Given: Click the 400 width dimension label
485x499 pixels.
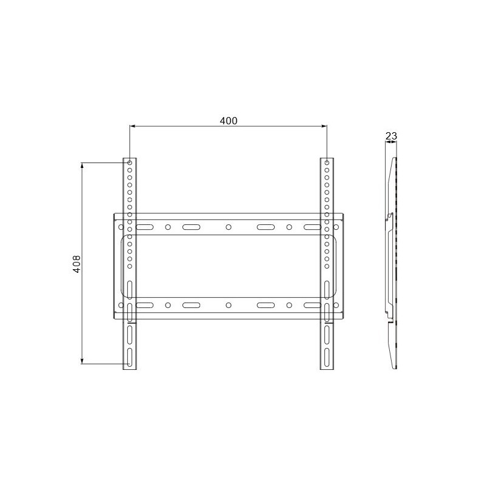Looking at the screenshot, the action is coord(229,121).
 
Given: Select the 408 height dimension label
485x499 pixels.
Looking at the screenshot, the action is coord(77,264).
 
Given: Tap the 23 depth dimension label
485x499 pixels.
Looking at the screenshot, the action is coord(391,136).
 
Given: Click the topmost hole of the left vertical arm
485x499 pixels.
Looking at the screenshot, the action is coord(130,163).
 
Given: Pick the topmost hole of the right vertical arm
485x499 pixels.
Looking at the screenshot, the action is coord(327,163).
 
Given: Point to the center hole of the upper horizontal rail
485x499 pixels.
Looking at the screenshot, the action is coord(229,227).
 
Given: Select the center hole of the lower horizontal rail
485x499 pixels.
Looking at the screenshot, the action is coord(229,306).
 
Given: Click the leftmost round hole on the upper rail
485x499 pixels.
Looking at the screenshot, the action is coord(121,227).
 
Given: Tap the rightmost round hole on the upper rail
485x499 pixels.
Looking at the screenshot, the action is coord(336,227).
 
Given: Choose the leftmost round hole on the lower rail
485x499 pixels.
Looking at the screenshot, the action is coord(121,306).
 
